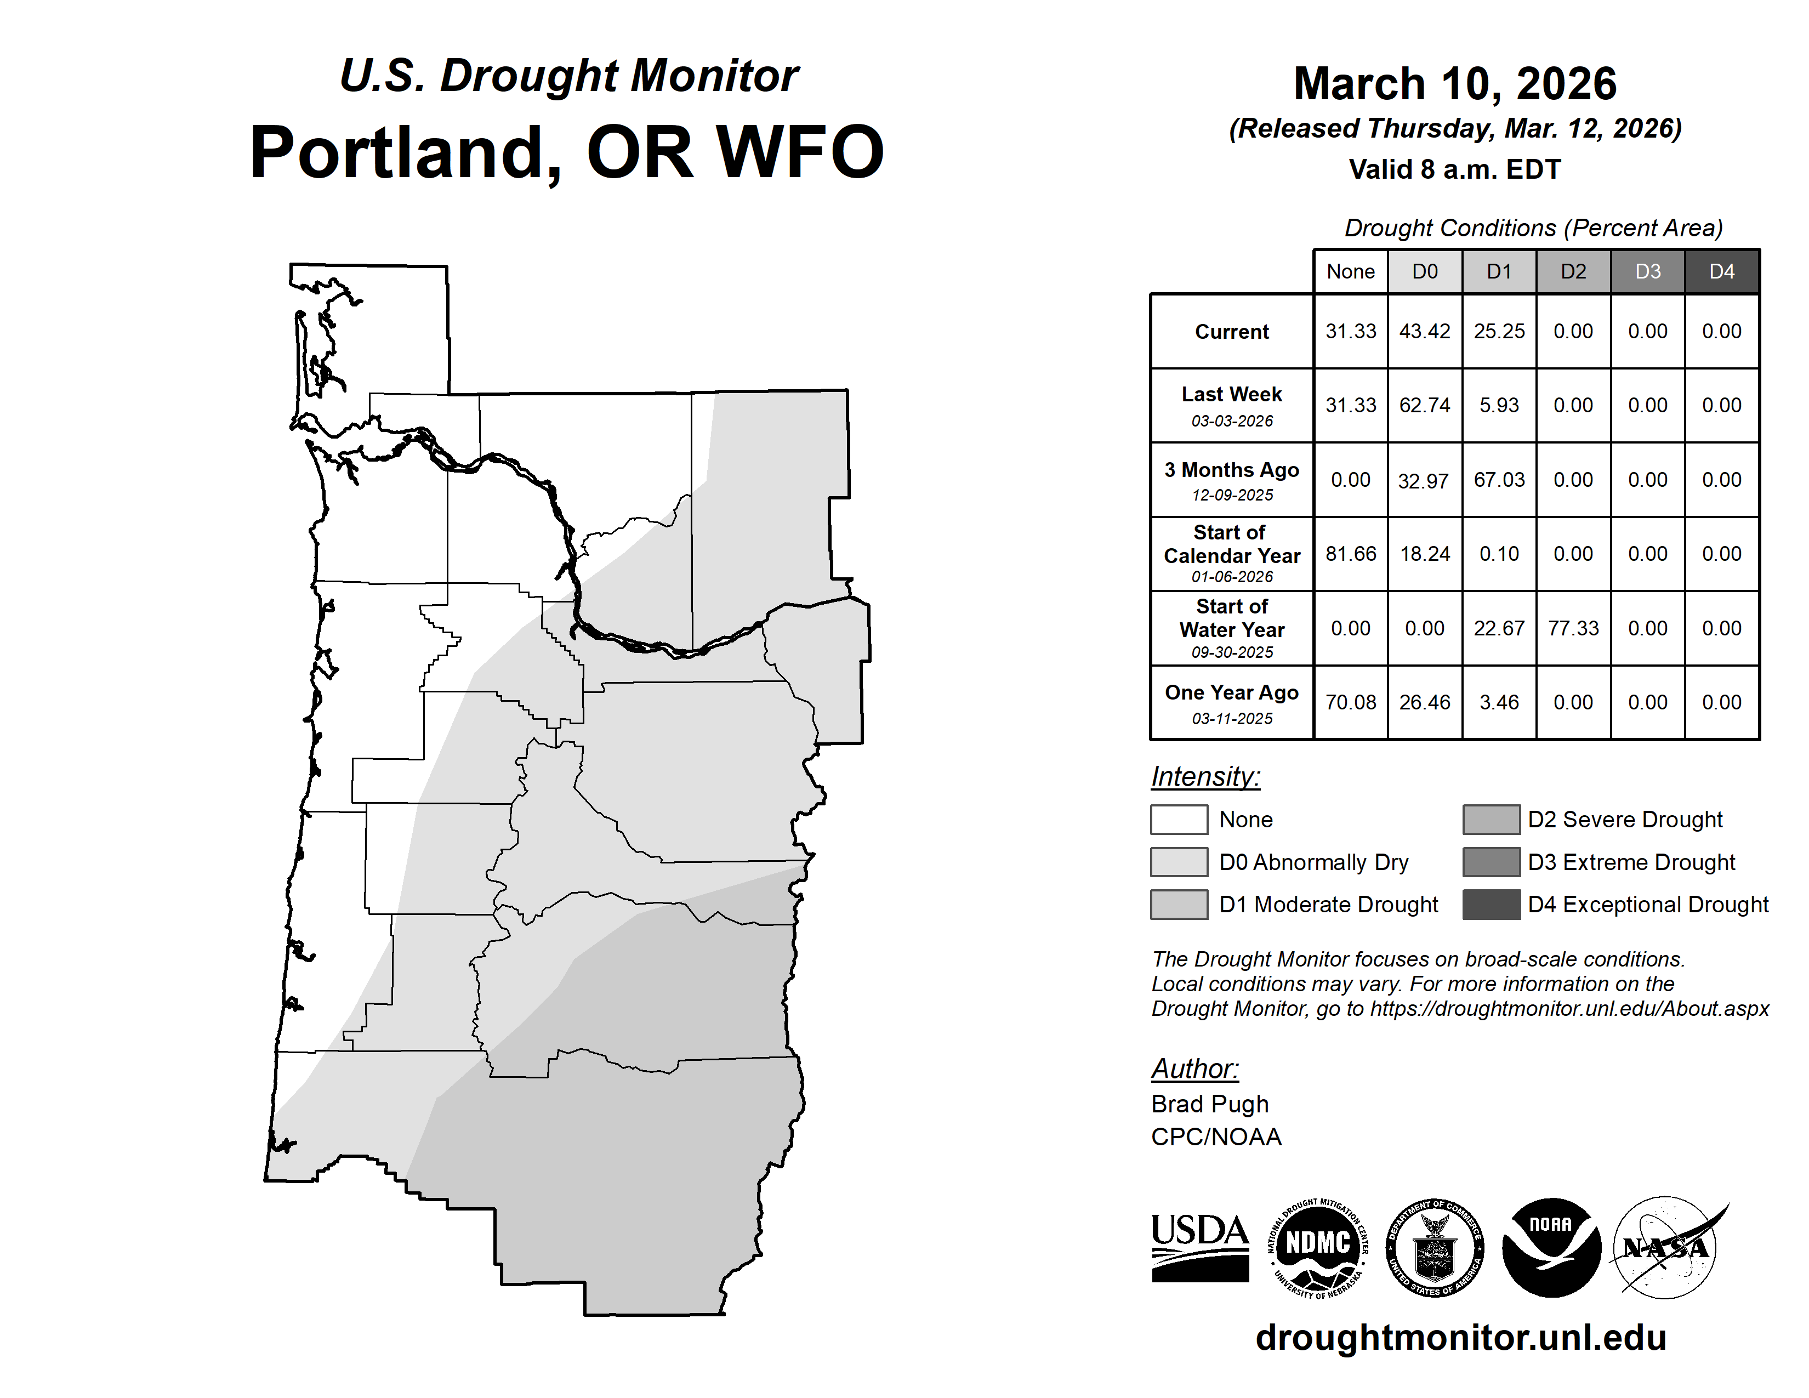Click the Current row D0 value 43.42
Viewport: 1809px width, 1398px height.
[1425, 331]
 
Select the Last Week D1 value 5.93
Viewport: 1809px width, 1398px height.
[1499, 405]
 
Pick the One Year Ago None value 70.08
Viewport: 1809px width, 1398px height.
[1351, 702]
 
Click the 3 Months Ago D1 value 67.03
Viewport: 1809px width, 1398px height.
[1499, 480]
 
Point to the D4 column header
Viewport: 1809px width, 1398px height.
[1722, 271]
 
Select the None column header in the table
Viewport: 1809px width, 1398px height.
[1351, 271]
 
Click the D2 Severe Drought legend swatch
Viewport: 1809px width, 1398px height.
[1492, 819]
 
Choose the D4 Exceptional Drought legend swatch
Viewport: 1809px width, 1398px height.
[1492, 905]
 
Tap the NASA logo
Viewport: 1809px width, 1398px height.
[1666, 1247]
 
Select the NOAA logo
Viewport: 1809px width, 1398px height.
[1551, 1247]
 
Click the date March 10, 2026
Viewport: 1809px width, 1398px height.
[1455, 84]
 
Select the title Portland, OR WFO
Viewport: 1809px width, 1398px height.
[567, 152]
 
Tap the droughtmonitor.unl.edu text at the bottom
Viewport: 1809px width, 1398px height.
[1461, 1338]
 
